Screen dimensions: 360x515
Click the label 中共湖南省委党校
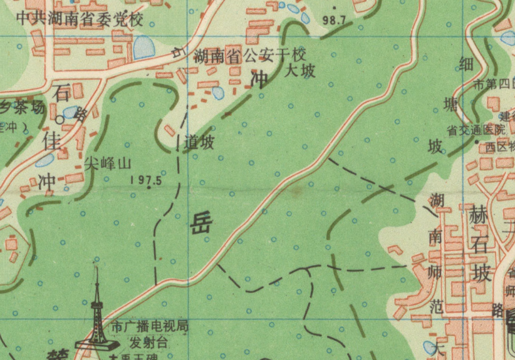point(80,18)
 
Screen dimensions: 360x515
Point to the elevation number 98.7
point(334,20)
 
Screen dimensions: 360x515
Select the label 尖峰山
point(108,164)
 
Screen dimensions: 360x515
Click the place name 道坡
point(199,143)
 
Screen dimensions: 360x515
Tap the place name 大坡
point(300,71)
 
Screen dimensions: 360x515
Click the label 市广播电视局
point(148,326)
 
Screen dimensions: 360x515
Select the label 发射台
point(148,342)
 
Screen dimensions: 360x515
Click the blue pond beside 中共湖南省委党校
point(143,48)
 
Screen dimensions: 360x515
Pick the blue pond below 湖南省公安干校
point(218,93)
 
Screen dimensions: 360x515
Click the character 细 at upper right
point(467,63)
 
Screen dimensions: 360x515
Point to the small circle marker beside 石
point(60,118)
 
